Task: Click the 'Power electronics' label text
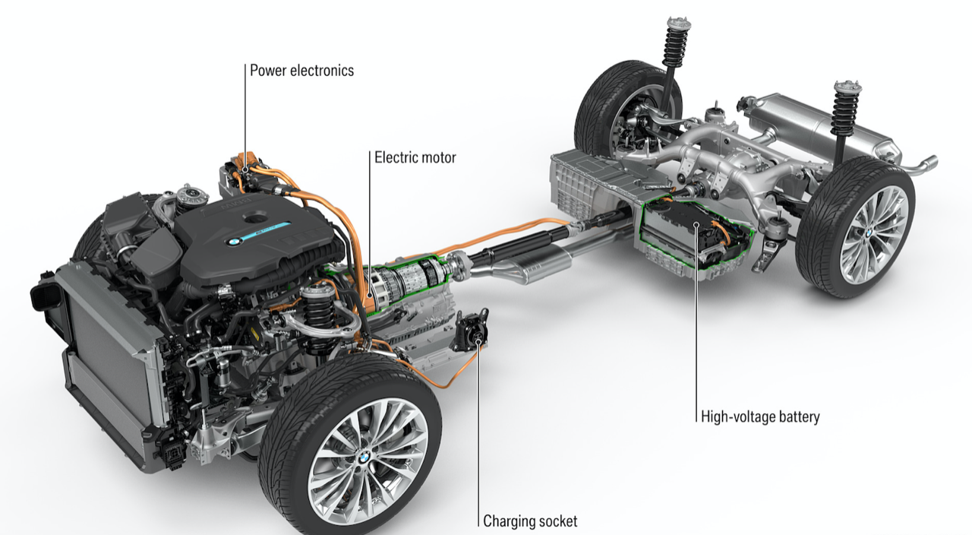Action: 302,71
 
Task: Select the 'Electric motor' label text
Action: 415,158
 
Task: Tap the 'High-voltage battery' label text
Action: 760,416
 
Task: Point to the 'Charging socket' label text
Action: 531,521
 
